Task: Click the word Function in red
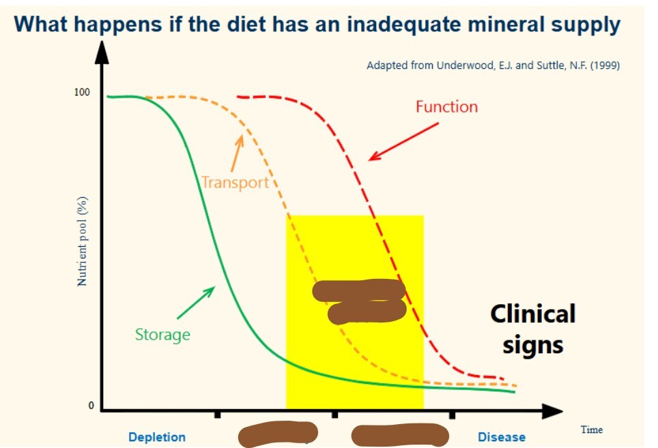446,107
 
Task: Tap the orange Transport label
235,182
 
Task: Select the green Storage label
162,335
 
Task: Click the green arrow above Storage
196,303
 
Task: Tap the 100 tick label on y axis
82,92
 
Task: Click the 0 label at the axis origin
89,406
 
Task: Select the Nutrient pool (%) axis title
82,241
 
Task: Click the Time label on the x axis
591,430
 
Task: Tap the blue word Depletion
157,437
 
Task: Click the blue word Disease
502,437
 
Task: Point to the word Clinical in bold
532,314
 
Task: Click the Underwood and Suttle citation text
493,65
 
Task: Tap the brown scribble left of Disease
400,434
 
